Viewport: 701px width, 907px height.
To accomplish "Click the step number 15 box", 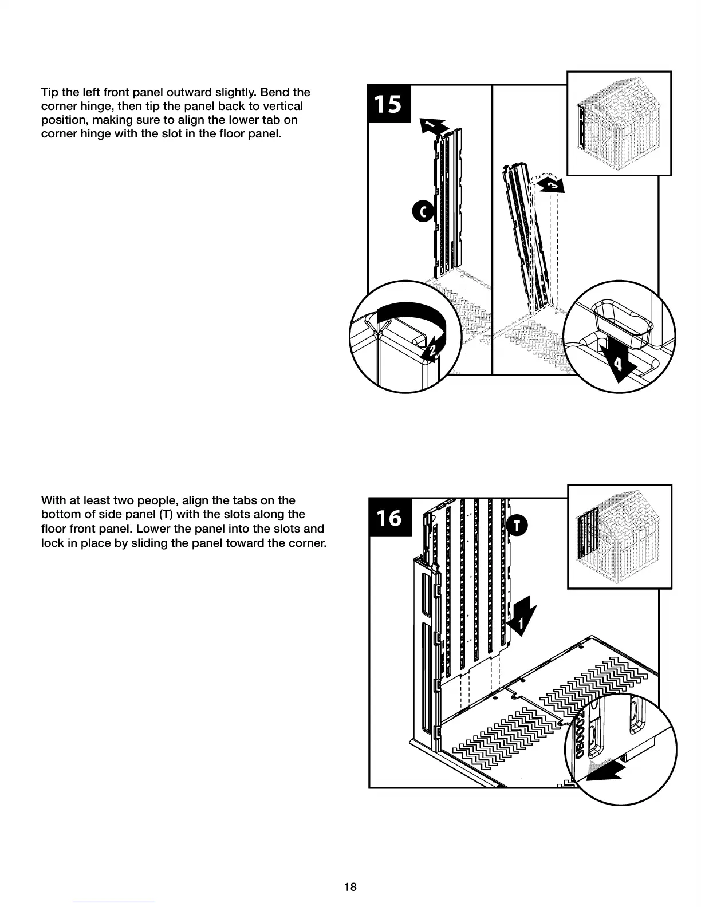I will (x=389, y=104).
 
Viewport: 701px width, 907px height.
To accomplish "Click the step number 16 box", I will (x=389, y=518).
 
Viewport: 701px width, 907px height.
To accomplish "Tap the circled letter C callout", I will (x=423, y=211).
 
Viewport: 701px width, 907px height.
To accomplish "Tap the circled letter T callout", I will (x=517, y=526).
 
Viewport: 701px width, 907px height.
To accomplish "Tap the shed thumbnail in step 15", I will (x=619, y=123).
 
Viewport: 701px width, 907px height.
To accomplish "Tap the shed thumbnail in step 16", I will (x=619, y=537).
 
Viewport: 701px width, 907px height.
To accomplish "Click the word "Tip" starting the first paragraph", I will (x=49, y=92).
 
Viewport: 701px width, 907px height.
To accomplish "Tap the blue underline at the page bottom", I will (x=113, y=901).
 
